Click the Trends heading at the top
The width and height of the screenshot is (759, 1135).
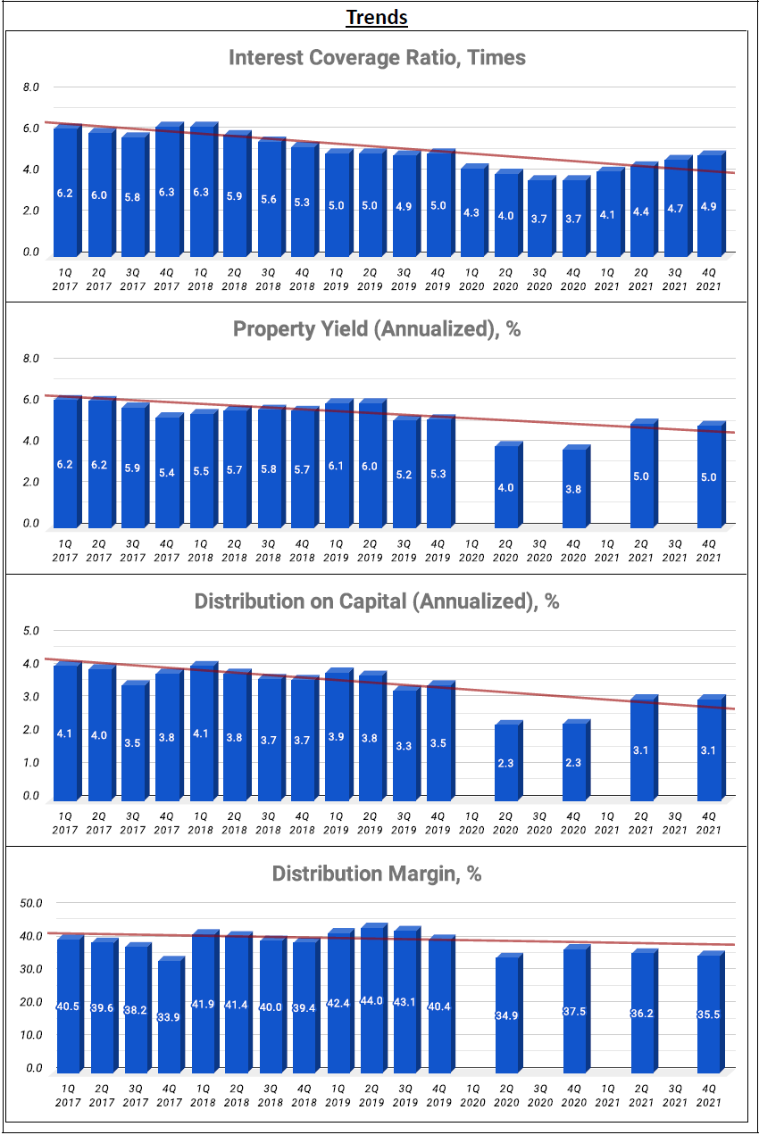coord(377,17)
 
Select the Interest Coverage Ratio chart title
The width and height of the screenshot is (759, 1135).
coord(377,58)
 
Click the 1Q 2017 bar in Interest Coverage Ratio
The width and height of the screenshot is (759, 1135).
coord(65,191)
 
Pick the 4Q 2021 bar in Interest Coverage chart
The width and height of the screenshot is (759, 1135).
coord(709,204)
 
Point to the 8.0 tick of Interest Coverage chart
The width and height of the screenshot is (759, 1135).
coord(31,87)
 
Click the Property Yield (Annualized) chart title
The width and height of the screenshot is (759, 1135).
coord(377,329)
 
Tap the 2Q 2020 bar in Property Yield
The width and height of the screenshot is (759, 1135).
coord(506,485)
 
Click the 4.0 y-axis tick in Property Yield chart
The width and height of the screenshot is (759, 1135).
coord(31,441)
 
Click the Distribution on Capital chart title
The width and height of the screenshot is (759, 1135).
coord(377,601)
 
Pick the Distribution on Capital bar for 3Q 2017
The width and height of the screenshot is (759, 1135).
coord(133,741)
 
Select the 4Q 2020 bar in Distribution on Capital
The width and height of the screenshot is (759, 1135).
coord(574,761)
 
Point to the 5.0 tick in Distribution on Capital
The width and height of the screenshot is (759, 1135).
coord(31,631)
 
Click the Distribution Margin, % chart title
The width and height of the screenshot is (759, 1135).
coord(377,874)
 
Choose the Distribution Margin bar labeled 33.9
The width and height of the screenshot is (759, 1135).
coord(168,1015)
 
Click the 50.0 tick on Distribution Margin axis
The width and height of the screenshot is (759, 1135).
coord(31,903)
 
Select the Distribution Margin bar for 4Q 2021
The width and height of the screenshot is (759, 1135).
coord(709,1013)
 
